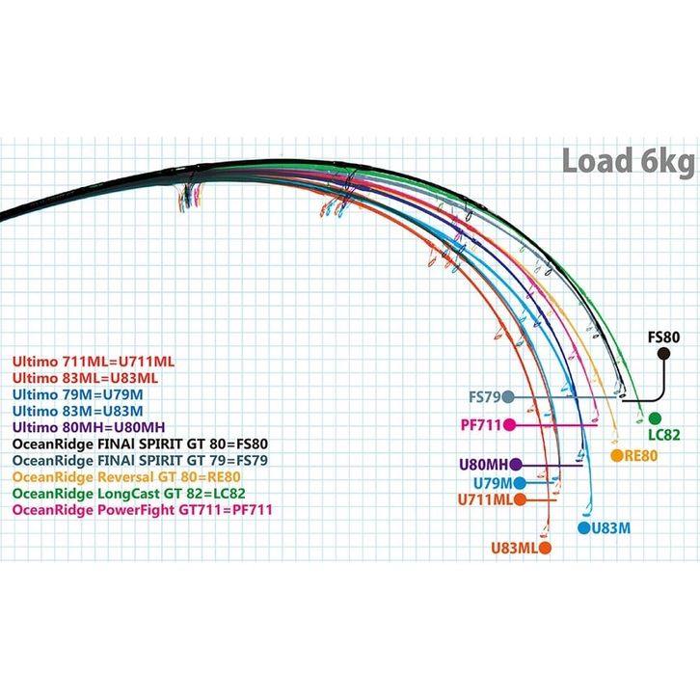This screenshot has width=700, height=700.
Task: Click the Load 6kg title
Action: (630, 161)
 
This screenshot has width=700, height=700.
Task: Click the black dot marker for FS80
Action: (663, 354)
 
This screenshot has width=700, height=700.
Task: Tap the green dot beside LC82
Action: (656, 417)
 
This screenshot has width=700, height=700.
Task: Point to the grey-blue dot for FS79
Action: (508, 396)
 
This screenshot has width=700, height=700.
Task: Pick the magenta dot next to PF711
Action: (510, 424)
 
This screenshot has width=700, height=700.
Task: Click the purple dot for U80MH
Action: (516, 464)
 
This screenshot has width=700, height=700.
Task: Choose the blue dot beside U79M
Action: (521, 482)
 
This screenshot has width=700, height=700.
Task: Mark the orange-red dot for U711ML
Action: (521, 499)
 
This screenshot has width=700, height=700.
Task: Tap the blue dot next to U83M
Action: (583, 527)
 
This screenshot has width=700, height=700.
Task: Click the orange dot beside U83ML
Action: (545, 548)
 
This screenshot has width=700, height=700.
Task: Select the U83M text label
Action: (610, 527)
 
